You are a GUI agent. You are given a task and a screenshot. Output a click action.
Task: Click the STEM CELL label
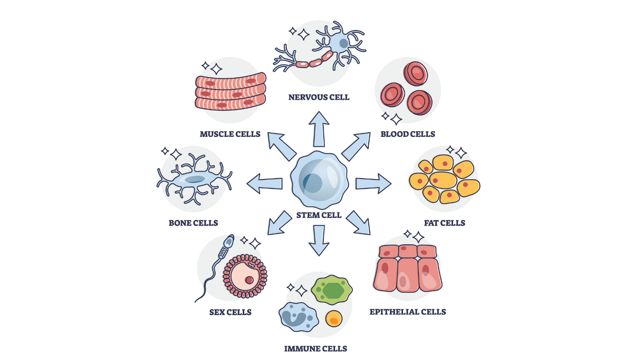click(319, 216)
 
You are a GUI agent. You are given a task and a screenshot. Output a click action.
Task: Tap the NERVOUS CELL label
click(319, 97)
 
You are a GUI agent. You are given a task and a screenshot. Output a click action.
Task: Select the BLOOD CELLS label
click(408, 134)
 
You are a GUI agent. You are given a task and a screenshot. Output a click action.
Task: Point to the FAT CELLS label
click(444, 223)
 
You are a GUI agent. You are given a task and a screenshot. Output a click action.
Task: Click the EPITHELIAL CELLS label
click(408, 312)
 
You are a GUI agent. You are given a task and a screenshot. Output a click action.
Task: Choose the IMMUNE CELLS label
click(315, 349)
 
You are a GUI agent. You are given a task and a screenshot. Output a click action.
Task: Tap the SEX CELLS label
click(230, 312)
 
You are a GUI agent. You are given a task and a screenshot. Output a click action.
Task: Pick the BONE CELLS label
click(193, 223)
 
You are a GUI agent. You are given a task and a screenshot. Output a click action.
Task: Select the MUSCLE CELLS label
click(230, 134)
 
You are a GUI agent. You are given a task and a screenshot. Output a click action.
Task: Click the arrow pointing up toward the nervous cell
click(319, 128)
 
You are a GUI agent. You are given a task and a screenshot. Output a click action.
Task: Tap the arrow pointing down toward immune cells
click(319, 240)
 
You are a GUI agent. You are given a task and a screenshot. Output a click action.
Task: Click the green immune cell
click(332, 290)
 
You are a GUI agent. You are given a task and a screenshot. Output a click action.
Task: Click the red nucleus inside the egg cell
click(249, 280)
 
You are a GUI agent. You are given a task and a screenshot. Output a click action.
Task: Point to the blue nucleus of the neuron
click(343, 44)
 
